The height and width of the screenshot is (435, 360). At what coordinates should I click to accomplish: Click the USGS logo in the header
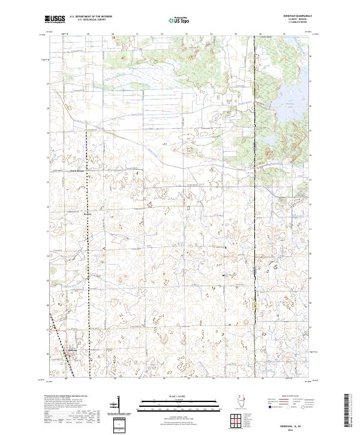[55, 19]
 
